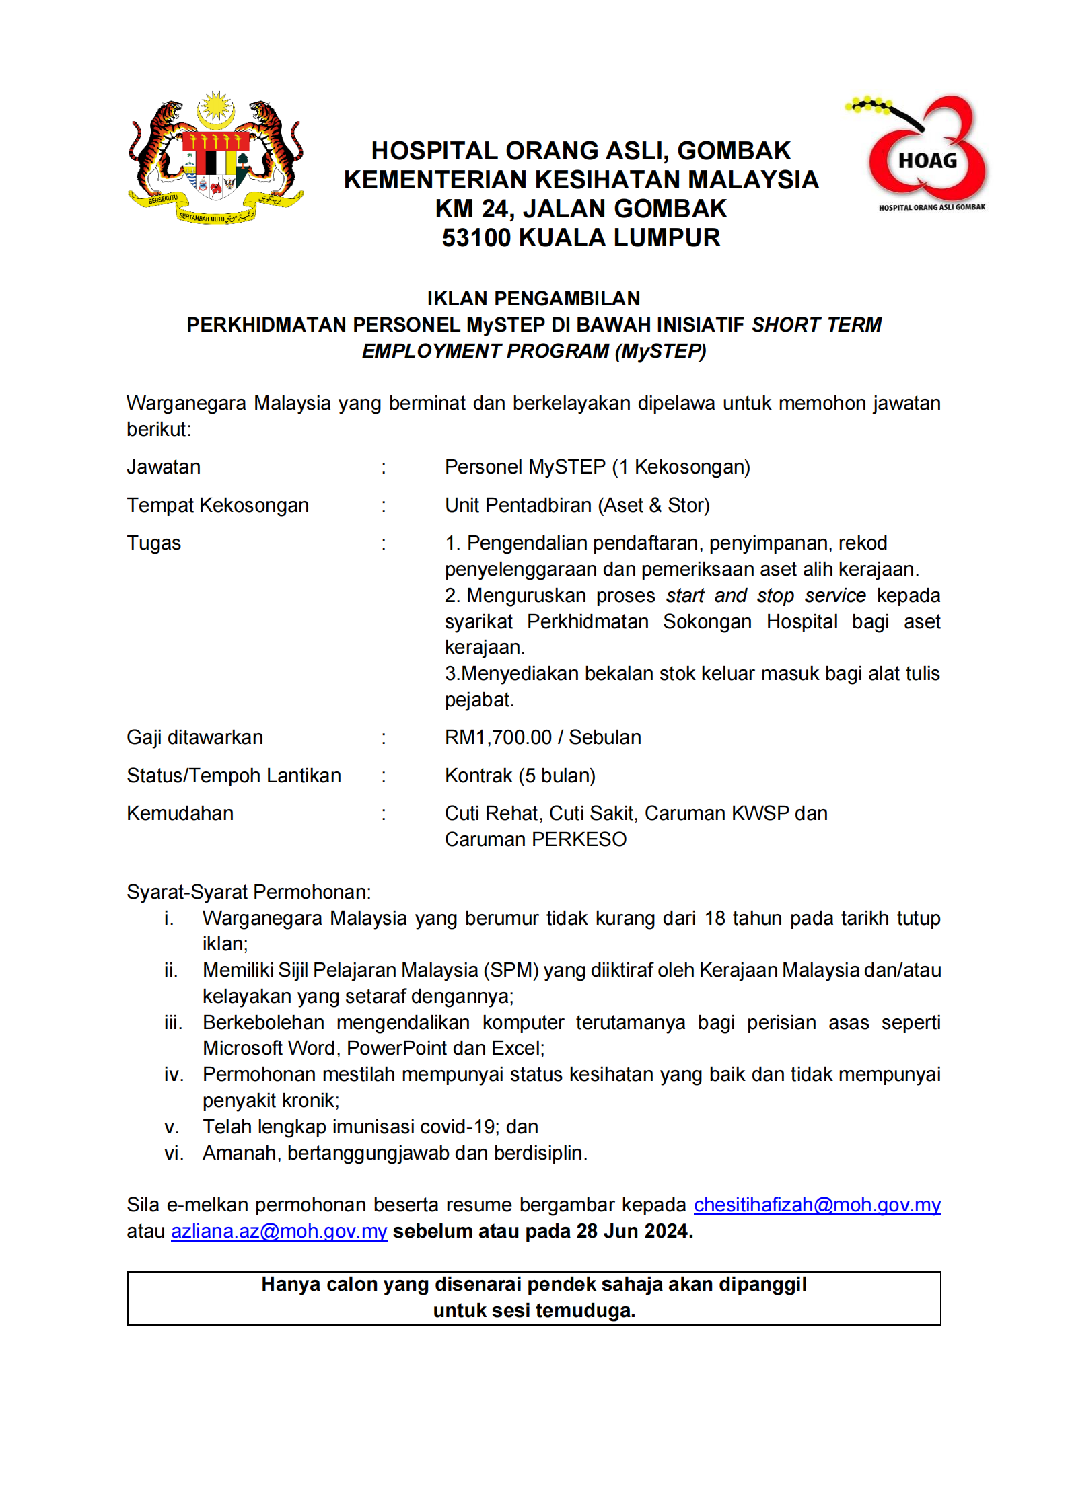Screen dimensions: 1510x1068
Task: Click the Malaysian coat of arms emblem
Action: pyautogui.click(x=215, y=158)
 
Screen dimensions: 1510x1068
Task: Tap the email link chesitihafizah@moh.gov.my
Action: pyautogui.click(x=817, y=1204)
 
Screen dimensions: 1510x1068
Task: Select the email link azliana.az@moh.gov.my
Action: pyautogui.click(x=279, y=1230)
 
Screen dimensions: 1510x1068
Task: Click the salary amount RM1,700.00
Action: pyautogui.click(x=498, y=737)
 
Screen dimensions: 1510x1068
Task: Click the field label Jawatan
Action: pyautogui.click(x=164, y=467)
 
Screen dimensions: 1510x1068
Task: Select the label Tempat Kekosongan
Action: pyautogui.click(x=217, y=505)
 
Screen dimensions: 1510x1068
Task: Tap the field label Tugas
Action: pyautogui.click(x=153, y=543)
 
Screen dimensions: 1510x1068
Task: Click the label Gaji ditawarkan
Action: pyautogui.click(x=194, y=737)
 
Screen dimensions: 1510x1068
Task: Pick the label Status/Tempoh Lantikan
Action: pyautogui.click(x=234, y=776)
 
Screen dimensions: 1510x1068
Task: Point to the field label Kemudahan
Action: pyautogui.click(x=180, y=813)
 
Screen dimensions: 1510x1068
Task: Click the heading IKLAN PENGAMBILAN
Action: pyautogui.click(x=533, y=298)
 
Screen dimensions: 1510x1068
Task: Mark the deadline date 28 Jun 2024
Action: pyautogui.click(x=634, y=1230)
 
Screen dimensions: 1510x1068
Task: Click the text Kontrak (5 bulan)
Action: pyautogui.click(x=520, y=776)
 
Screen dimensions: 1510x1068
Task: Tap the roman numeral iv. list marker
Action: pyautogui.click(x=174, y=1074)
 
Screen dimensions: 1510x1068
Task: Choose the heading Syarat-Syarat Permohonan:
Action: pyautogui.click(x=248, y=892)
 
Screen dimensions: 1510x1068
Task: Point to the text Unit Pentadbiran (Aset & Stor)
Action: pyautogui.click(x=577, y=505)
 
